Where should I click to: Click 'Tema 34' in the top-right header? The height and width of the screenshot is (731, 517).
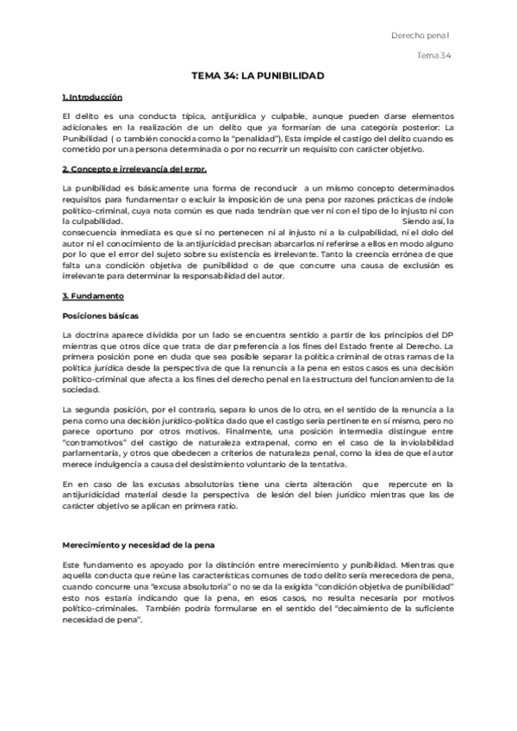pos(434,56)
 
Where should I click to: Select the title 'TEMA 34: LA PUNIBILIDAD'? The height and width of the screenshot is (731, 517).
pos(258,76)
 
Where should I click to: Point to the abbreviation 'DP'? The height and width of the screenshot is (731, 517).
pos(447,334)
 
